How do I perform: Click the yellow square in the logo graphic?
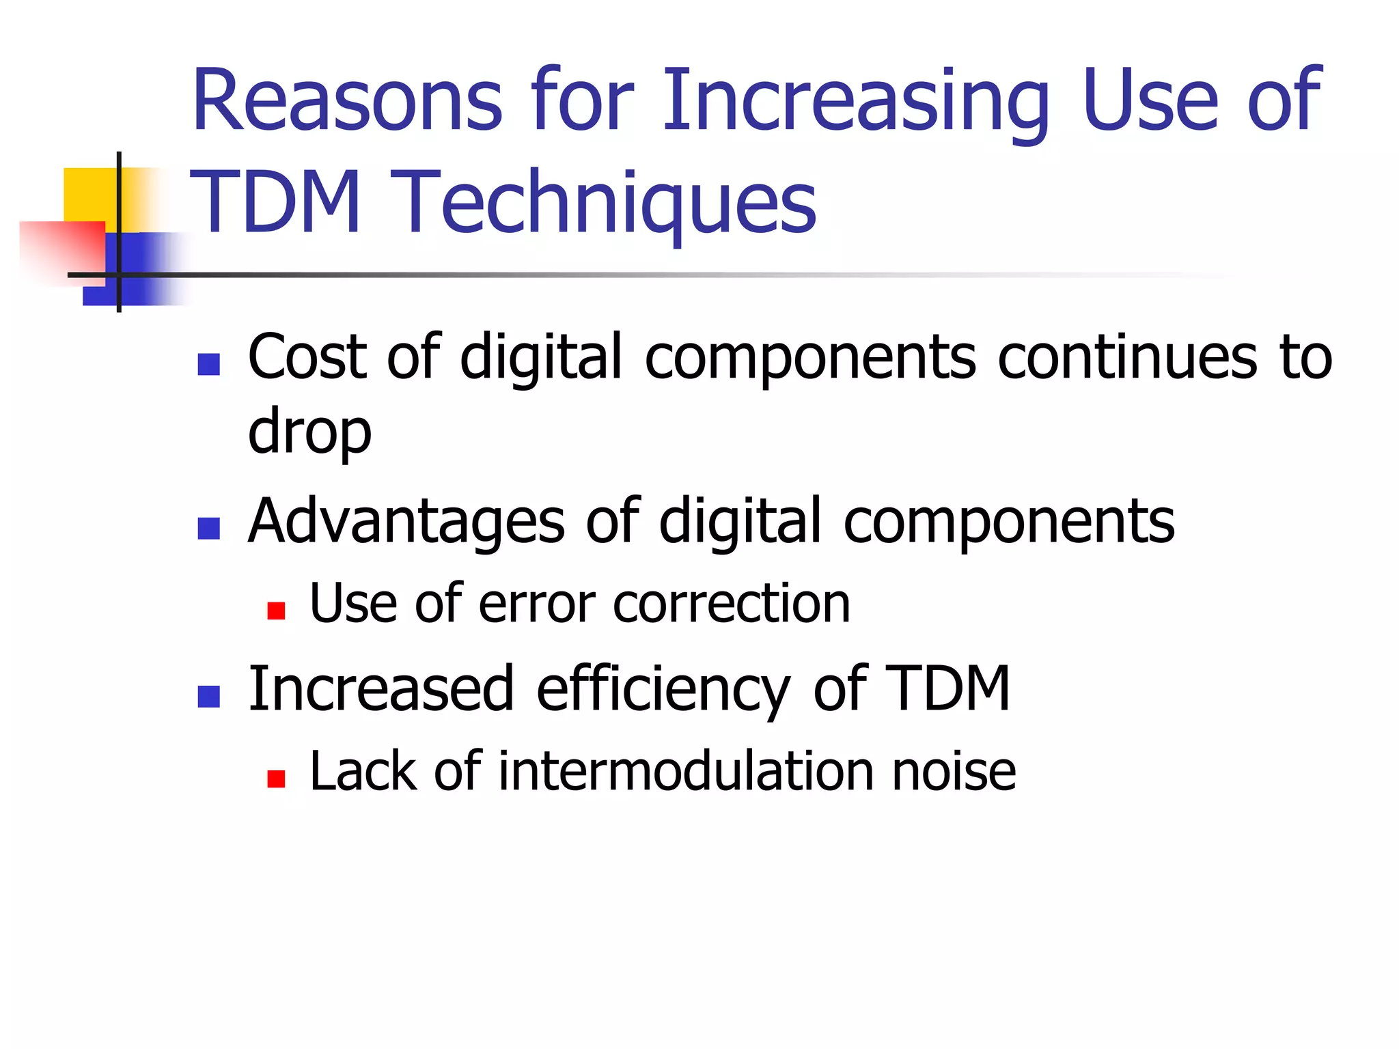(x=89, y=194)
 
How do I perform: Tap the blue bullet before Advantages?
(x=208, y=529)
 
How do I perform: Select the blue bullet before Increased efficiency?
(x=208, y=696)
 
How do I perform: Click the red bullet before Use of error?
(x=276, y=611)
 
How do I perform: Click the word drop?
(x=309, y=432)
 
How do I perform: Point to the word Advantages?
(x=406, y=522)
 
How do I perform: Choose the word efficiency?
(x=663, y=690)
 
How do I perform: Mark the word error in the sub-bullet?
(x=536, y=604)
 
